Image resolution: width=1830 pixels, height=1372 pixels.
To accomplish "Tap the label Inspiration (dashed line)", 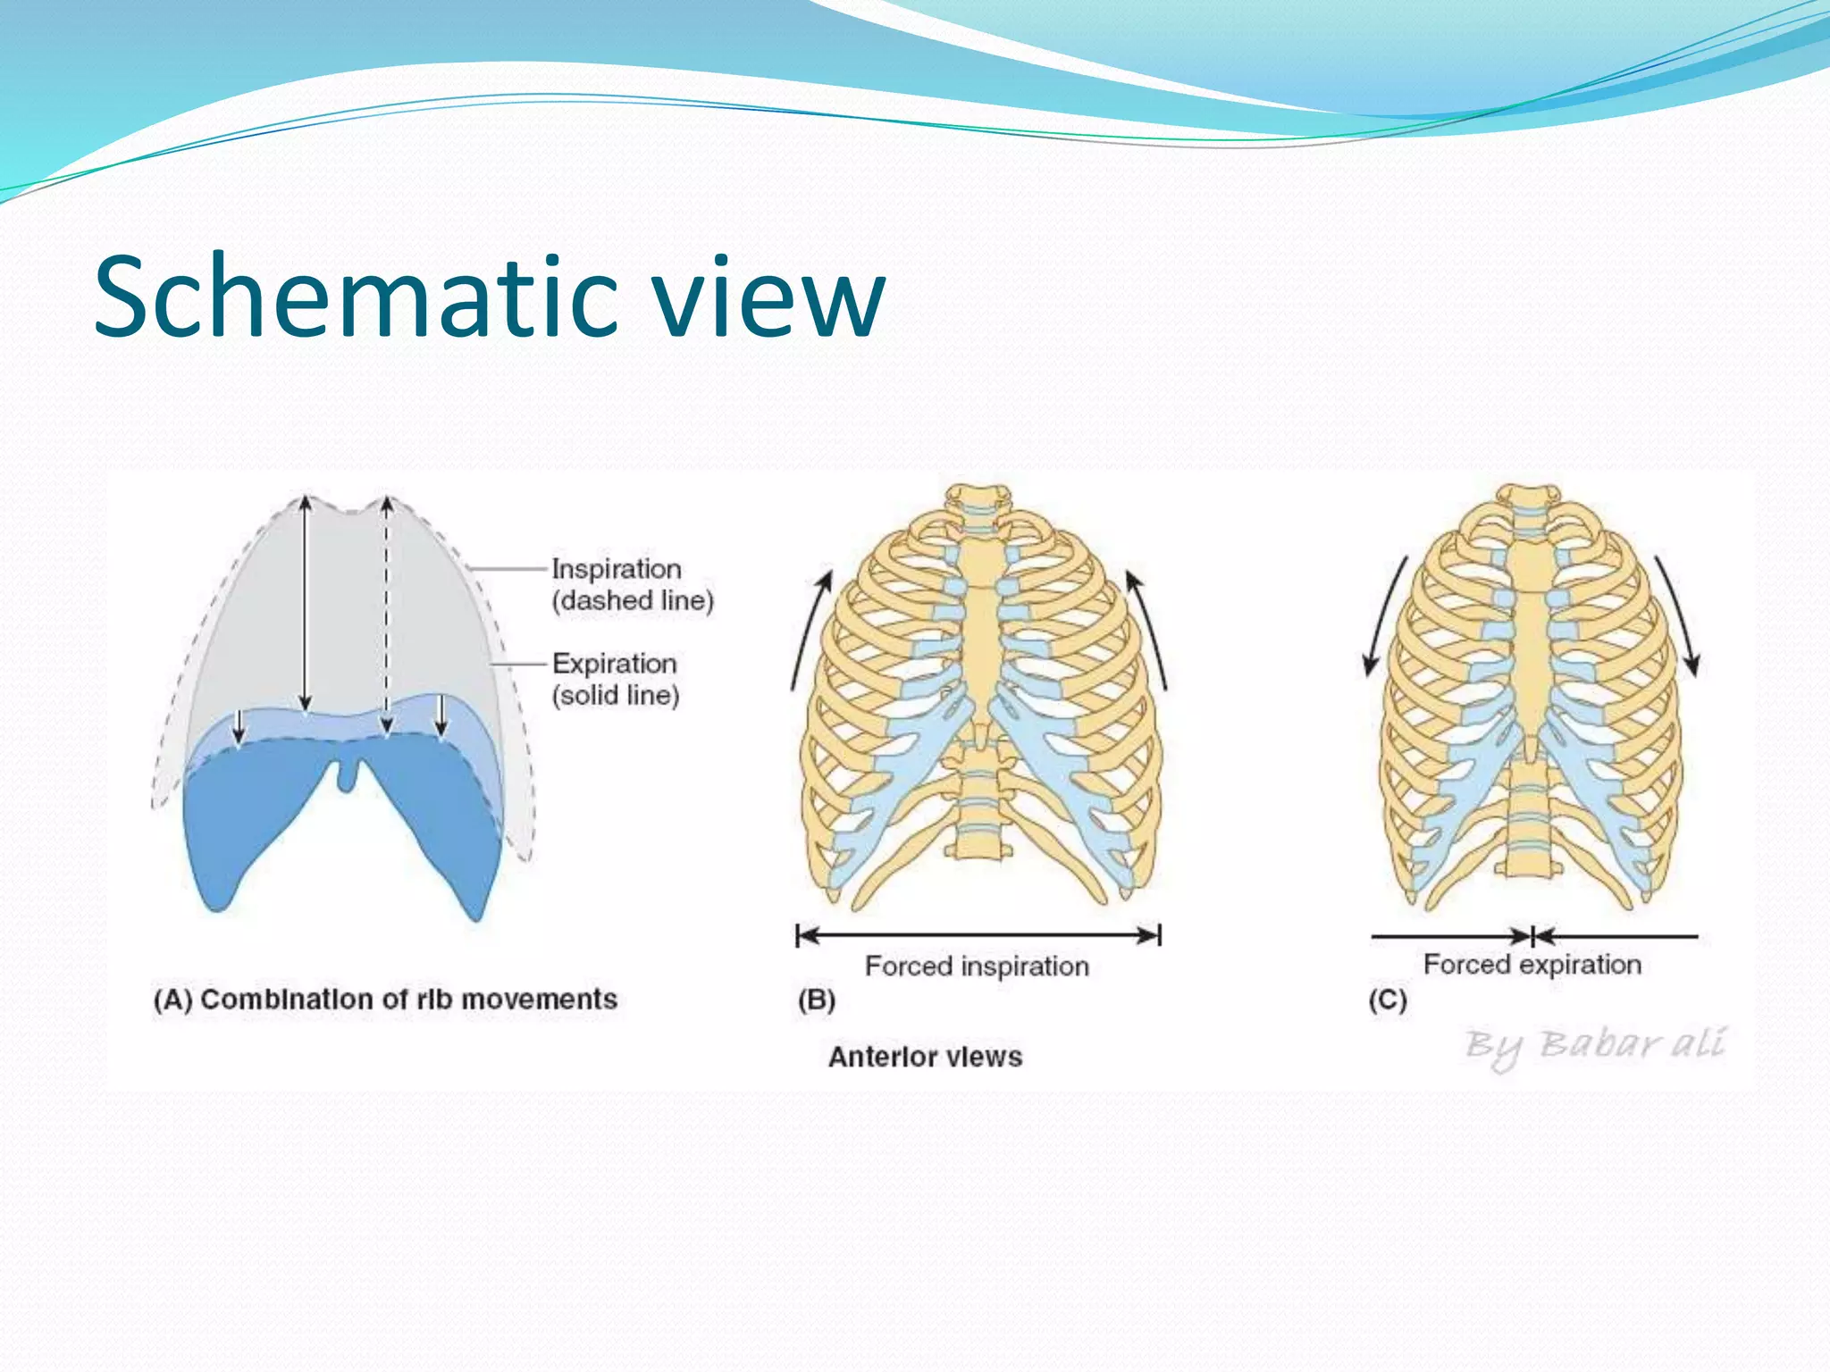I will coord(631,584).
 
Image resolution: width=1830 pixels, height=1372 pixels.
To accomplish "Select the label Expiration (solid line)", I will coord(615,679).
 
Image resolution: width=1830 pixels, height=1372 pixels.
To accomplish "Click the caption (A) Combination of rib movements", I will coord(385,999).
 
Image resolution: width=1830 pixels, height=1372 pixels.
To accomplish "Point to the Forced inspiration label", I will coord(977,966).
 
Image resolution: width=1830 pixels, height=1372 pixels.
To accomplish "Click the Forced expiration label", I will coord(1532,965).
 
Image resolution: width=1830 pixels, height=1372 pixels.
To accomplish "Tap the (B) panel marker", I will coord(816,1000).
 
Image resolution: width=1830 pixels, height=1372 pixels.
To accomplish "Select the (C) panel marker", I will coord(1388,1000).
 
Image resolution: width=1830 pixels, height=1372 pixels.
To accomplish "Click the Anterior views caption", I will coord(925,1057).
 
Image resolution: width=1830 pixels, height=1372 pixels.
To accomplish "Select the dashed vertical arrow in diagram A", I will coord(386,616).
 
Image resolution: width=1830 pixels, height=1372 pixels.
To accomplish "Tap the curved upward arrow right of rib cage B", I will coord(1149,630).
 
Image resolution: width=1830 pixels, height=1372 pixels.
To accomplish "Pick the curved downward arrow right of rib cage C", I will coord(1678,616).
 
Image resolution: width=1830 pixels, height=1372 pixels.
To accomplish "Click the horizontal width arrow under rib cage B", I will coord(978,935).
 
